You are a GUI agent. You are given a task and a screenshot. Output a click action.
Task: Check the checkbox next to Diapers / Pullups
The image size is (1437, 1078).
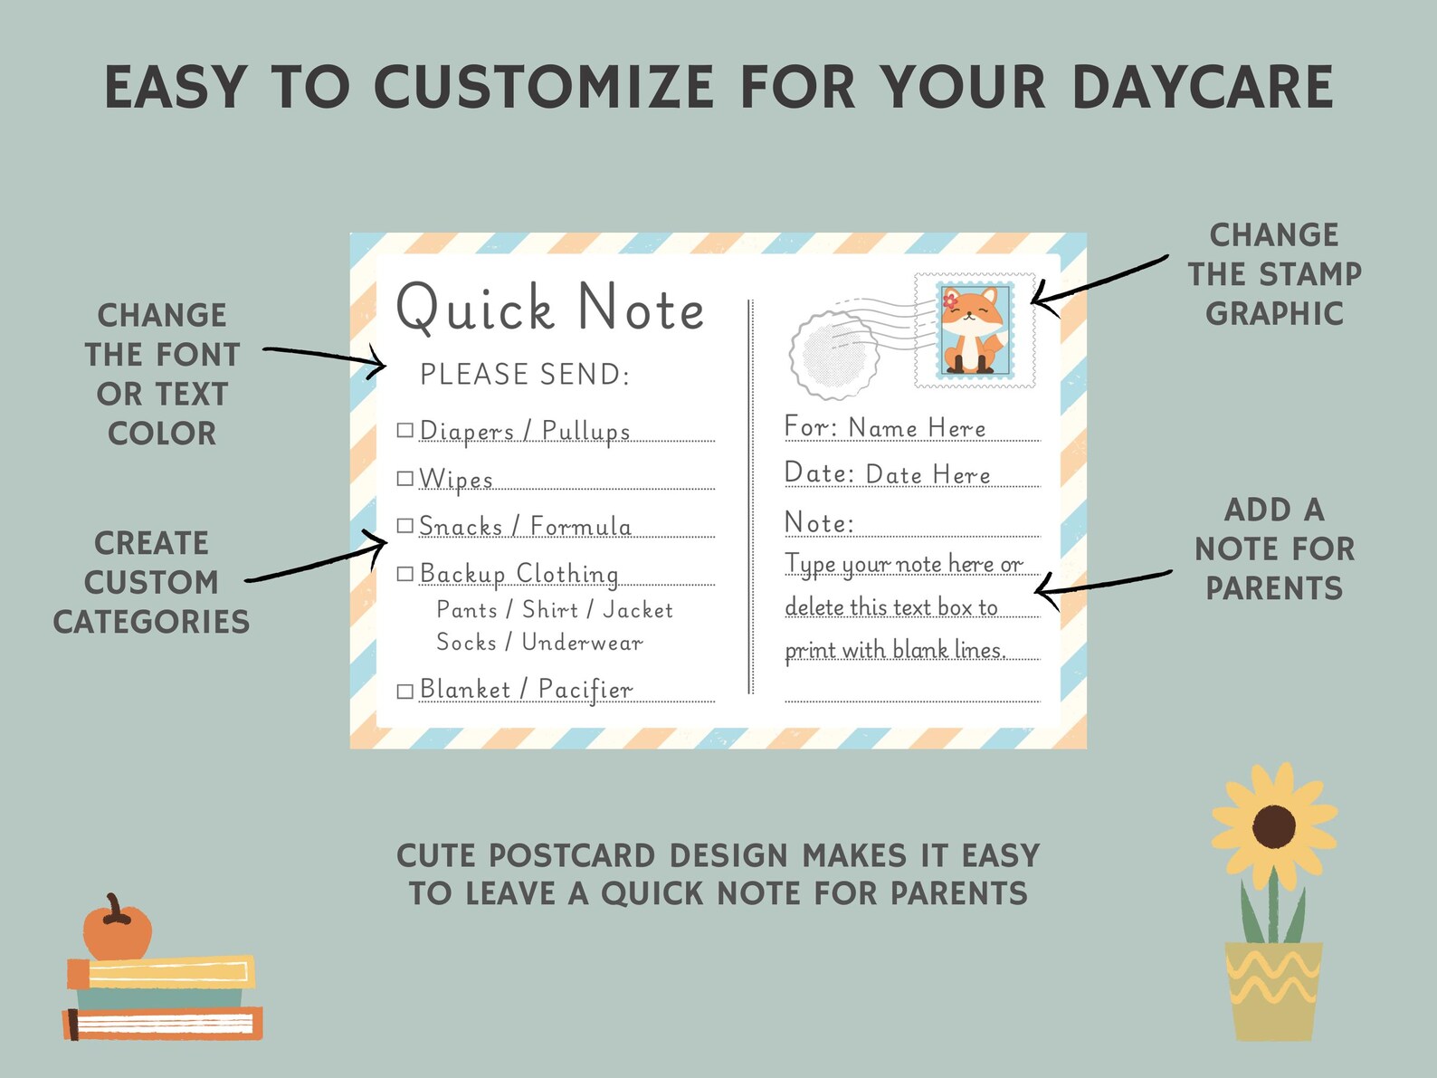(x=405, y=431)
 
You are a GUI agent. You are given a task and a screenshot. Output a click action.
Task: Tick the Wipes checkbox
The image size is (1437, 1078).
(x=405, y=479)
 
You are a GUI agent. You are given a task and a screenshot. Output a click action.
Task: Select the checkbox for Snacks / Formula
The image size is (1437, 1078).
(x=405, y=526)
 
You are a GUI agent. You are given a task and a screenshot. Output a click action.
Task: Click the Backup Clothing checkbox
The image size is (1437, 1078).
(x=405, y=574)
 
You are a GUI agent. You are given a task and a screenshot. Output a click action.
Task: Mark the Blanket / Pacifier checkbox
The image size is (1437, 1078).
(x=405, y=691)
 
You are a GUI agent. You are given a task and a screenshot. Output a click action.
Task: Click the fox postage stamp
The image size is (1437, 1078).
(x=975, y=330)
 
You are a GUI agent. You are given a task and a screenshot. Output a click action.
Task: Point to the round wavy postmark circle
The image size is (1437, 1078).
(x=833, y=355)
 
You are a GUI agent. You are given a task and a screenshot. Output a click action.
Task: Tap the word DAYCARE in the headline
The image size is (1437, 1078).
(x=1203, y=88)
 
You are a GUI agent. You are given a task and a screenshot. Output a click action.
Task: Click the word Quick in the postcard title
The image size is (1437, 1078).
(x=475, y=308)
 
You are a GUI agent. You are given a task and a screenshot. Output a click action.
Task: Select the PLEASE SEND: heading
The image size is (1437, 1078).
(x=525, y=374)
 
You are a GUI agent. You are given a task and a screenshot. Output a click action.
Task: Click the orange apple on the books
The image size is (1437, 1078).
(x=117, y=930)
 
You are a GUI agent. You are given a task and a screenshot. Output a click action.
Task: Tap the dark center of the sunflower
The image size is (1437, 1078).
(x=1274, y=825)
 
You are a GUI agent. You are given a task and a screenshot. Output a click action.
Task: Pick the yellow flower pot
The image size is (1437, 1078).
(x=1273, y=989)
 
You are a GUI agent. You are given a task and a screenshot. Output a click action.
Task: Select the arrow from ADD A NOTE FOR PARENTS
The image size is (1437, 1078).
(x=1102, y=584)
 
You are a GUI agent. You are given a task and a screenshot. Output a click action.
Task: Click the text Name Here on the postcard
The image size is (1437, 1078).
(x=917, y=428)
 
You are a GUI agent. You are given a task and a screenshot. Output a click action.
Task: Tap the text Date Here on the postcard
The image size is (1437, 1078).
(x=928, y=474)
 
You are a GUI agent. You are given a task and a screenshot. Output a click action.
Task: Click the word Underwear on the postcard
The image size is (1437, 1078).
(x=582, y=643)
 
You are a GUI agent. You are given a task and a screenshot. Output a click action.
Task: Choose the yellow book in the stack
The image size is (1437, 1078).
(x=163, y=973)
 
